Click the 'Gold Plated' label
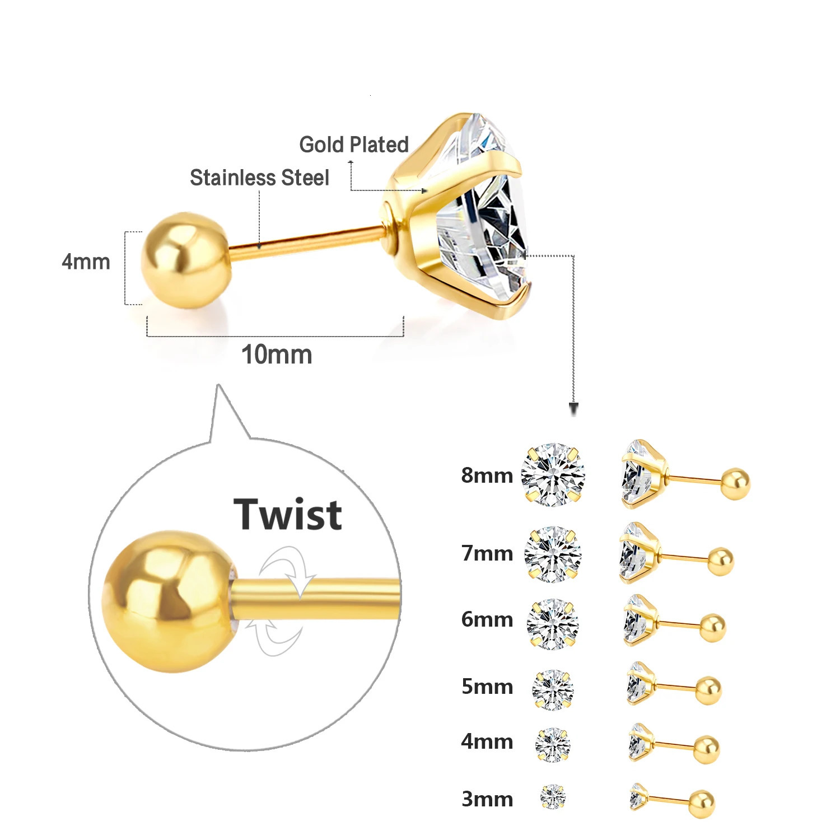click(x=354, y=144)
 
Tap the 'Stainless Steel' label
click(x=259, y=178)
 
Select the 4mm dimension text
click(x=86, y=262)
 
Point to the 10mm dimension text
click(x=276, y=354)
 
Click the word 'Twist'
click(x=288, y=514)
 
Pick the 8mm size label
click(x=487, y=475)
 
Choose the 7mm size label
click(x=487, y=553)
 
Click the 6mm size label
click(x=487, y=619)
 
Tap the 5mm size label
click(x=487, y=687)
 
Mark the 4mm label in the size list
click(x=487, y=741)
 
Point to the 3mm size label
click(x=487, y=799)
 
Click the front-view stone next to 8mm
click(x=553, y=475)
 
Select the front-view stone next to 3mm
click(x=553, y=796)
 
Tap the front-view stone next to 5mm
click(x=553, y=689)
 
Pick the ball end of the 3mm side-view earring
click(x=702, y=804)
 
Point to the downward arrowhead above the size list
click(x=573, y=409)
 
